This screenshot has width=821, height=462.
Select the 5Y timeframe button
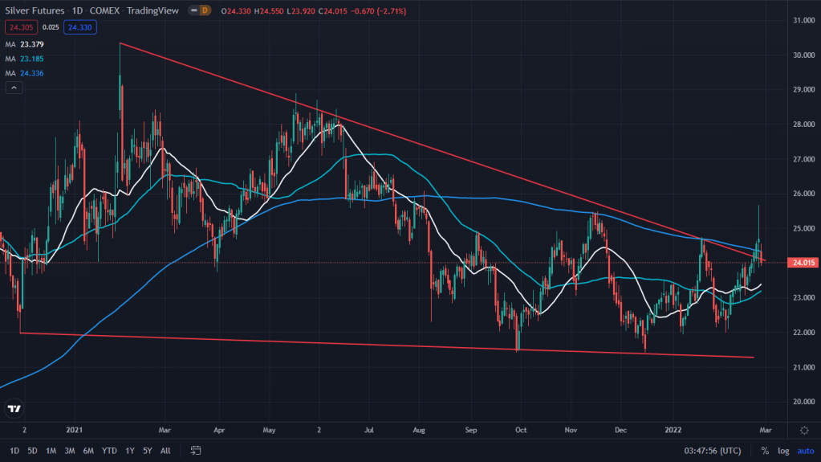(x=147, y=450)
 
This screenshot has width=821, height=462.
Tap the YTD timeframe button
(x=110, y=450)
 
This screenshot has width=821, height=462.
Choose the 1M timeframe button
(x=51, y=450)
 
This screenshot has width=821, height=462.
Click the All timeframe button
(x=165, y=450)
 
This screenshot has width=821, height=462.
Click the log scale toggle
(x=783, y=450)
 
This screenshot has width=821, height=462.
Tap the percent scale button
(x=765, y=450)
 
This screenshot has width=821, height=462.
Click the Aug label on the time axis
(x=419, y=430)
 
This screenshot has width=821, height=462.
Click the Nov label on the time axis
(x=571, y=430)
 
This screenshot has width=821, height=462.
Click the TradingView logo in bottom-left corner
(x=14, y=408)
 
